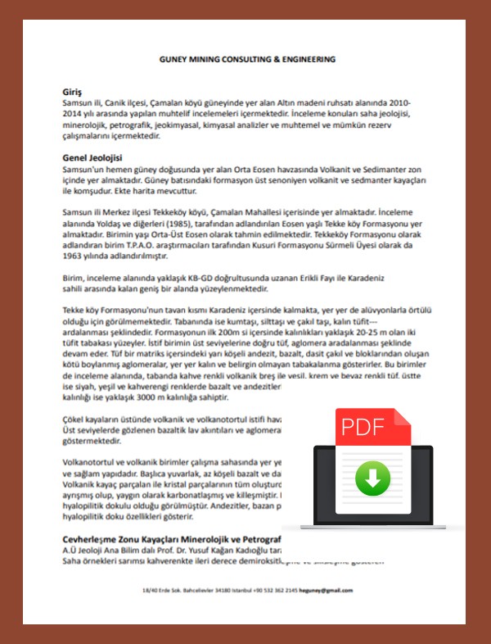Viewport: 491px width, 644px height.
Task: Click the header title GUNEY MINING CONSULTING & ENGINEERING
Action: click(x=246, y=60)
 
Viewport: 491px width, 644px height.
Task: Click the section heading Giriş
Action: click(x=72, y=91)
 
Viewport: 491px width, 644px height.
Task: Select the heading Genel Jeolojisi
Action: click(x=92, y=156)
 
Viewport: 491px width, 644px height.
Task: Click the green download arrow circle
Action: click(x=372, y=478)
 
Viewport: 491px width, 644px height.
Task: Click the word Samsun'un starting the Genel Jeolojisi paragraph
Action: click(x=84, y=168)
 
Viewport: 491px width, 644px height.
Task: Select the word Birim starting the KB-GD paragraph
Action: click(x=74, y=278)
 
